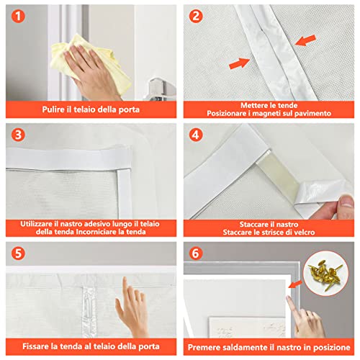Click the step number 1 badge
tap(18, 17)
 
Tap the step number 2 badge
tap(196, 17)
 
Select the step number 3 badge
tap(18, 135)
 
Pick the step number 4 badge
tap(196, 135)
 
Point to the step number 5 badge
tap(18, 253)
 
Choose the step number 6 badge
tap(196, 253)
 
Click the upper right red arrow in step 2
tap(305, 40)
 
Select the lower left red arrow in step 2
tap(240, 63)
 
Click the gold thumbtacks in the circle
tap(325, 274)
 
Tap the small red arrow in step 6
tap(295, 284)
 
